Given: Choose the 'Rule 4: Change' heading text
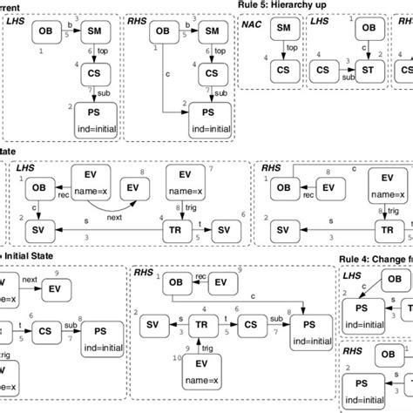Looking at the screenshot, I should point(375,257).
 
